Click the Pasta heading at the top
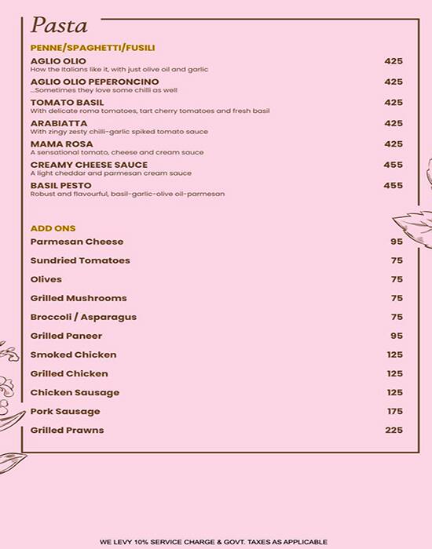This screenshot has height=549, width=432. click(59, 25)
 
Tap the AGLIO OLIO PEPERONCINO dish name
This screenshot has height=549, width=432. click(94, 82)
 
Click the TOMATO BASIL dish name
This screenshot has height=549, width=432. click(67, 103)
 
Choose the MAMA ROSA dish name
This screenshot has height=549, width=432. click(61, 144)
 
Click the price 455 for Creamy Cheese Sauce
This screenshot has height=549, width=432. click(393, 165)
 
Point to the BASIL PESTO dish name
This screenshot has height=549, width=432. click(61, 186)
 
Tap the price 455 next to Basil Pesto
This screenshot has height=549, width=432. click(393, 186)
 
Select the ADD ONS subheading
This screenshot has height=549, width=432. click(53, 228)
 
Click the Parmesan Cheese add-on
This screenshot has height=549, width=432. click(77, 242)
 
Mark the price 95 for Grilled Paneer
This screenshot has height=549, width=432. click(396, 336)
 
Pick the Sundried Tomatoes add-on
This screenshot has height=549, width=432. click(80, 260)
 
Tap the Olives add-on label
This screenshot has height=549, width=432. click(46, 279)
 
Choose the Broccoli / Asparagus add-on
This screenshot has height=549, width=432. click(83, 317)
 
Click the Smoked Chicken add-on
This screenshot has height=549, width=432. click(73, 354)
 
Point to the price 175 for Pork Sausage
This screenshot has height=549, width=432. click(394, 411)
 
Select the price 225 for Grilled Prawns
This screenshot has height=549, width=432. click(394, 430)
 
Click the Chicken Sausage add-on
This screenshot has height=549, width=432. click(75, 392)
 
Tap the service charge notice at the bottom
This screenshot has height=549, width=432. click(213, 542)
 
